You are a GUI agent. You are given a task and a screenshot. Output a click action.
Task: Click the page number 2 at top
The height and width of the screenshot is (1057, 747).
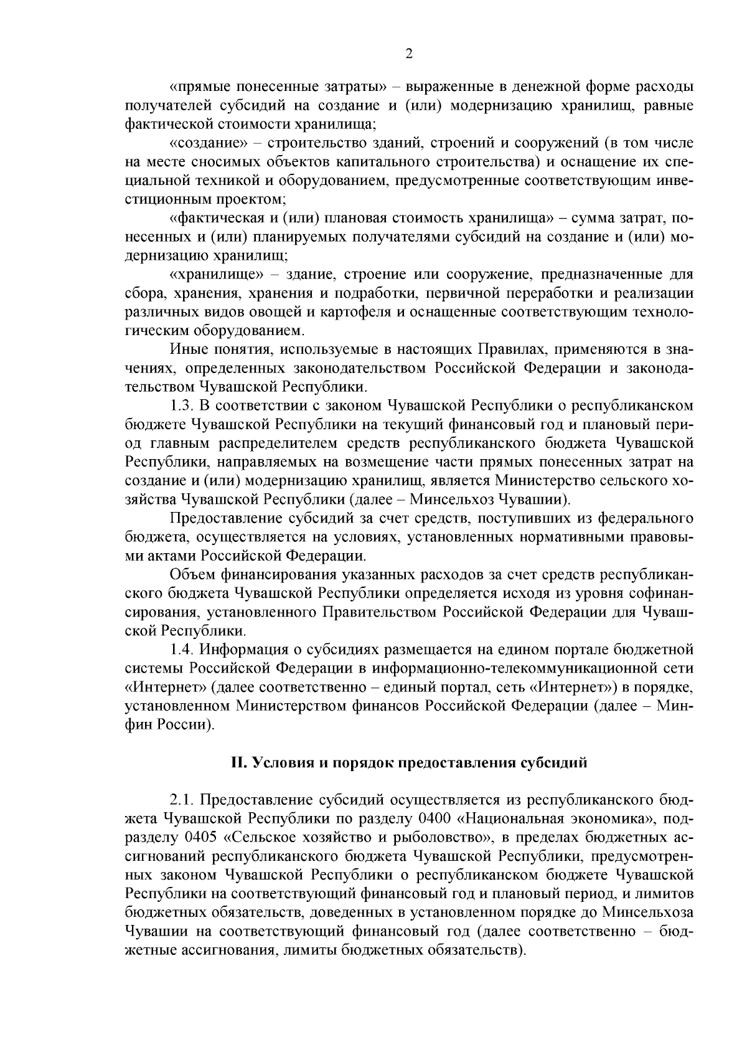pos(408,54)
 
